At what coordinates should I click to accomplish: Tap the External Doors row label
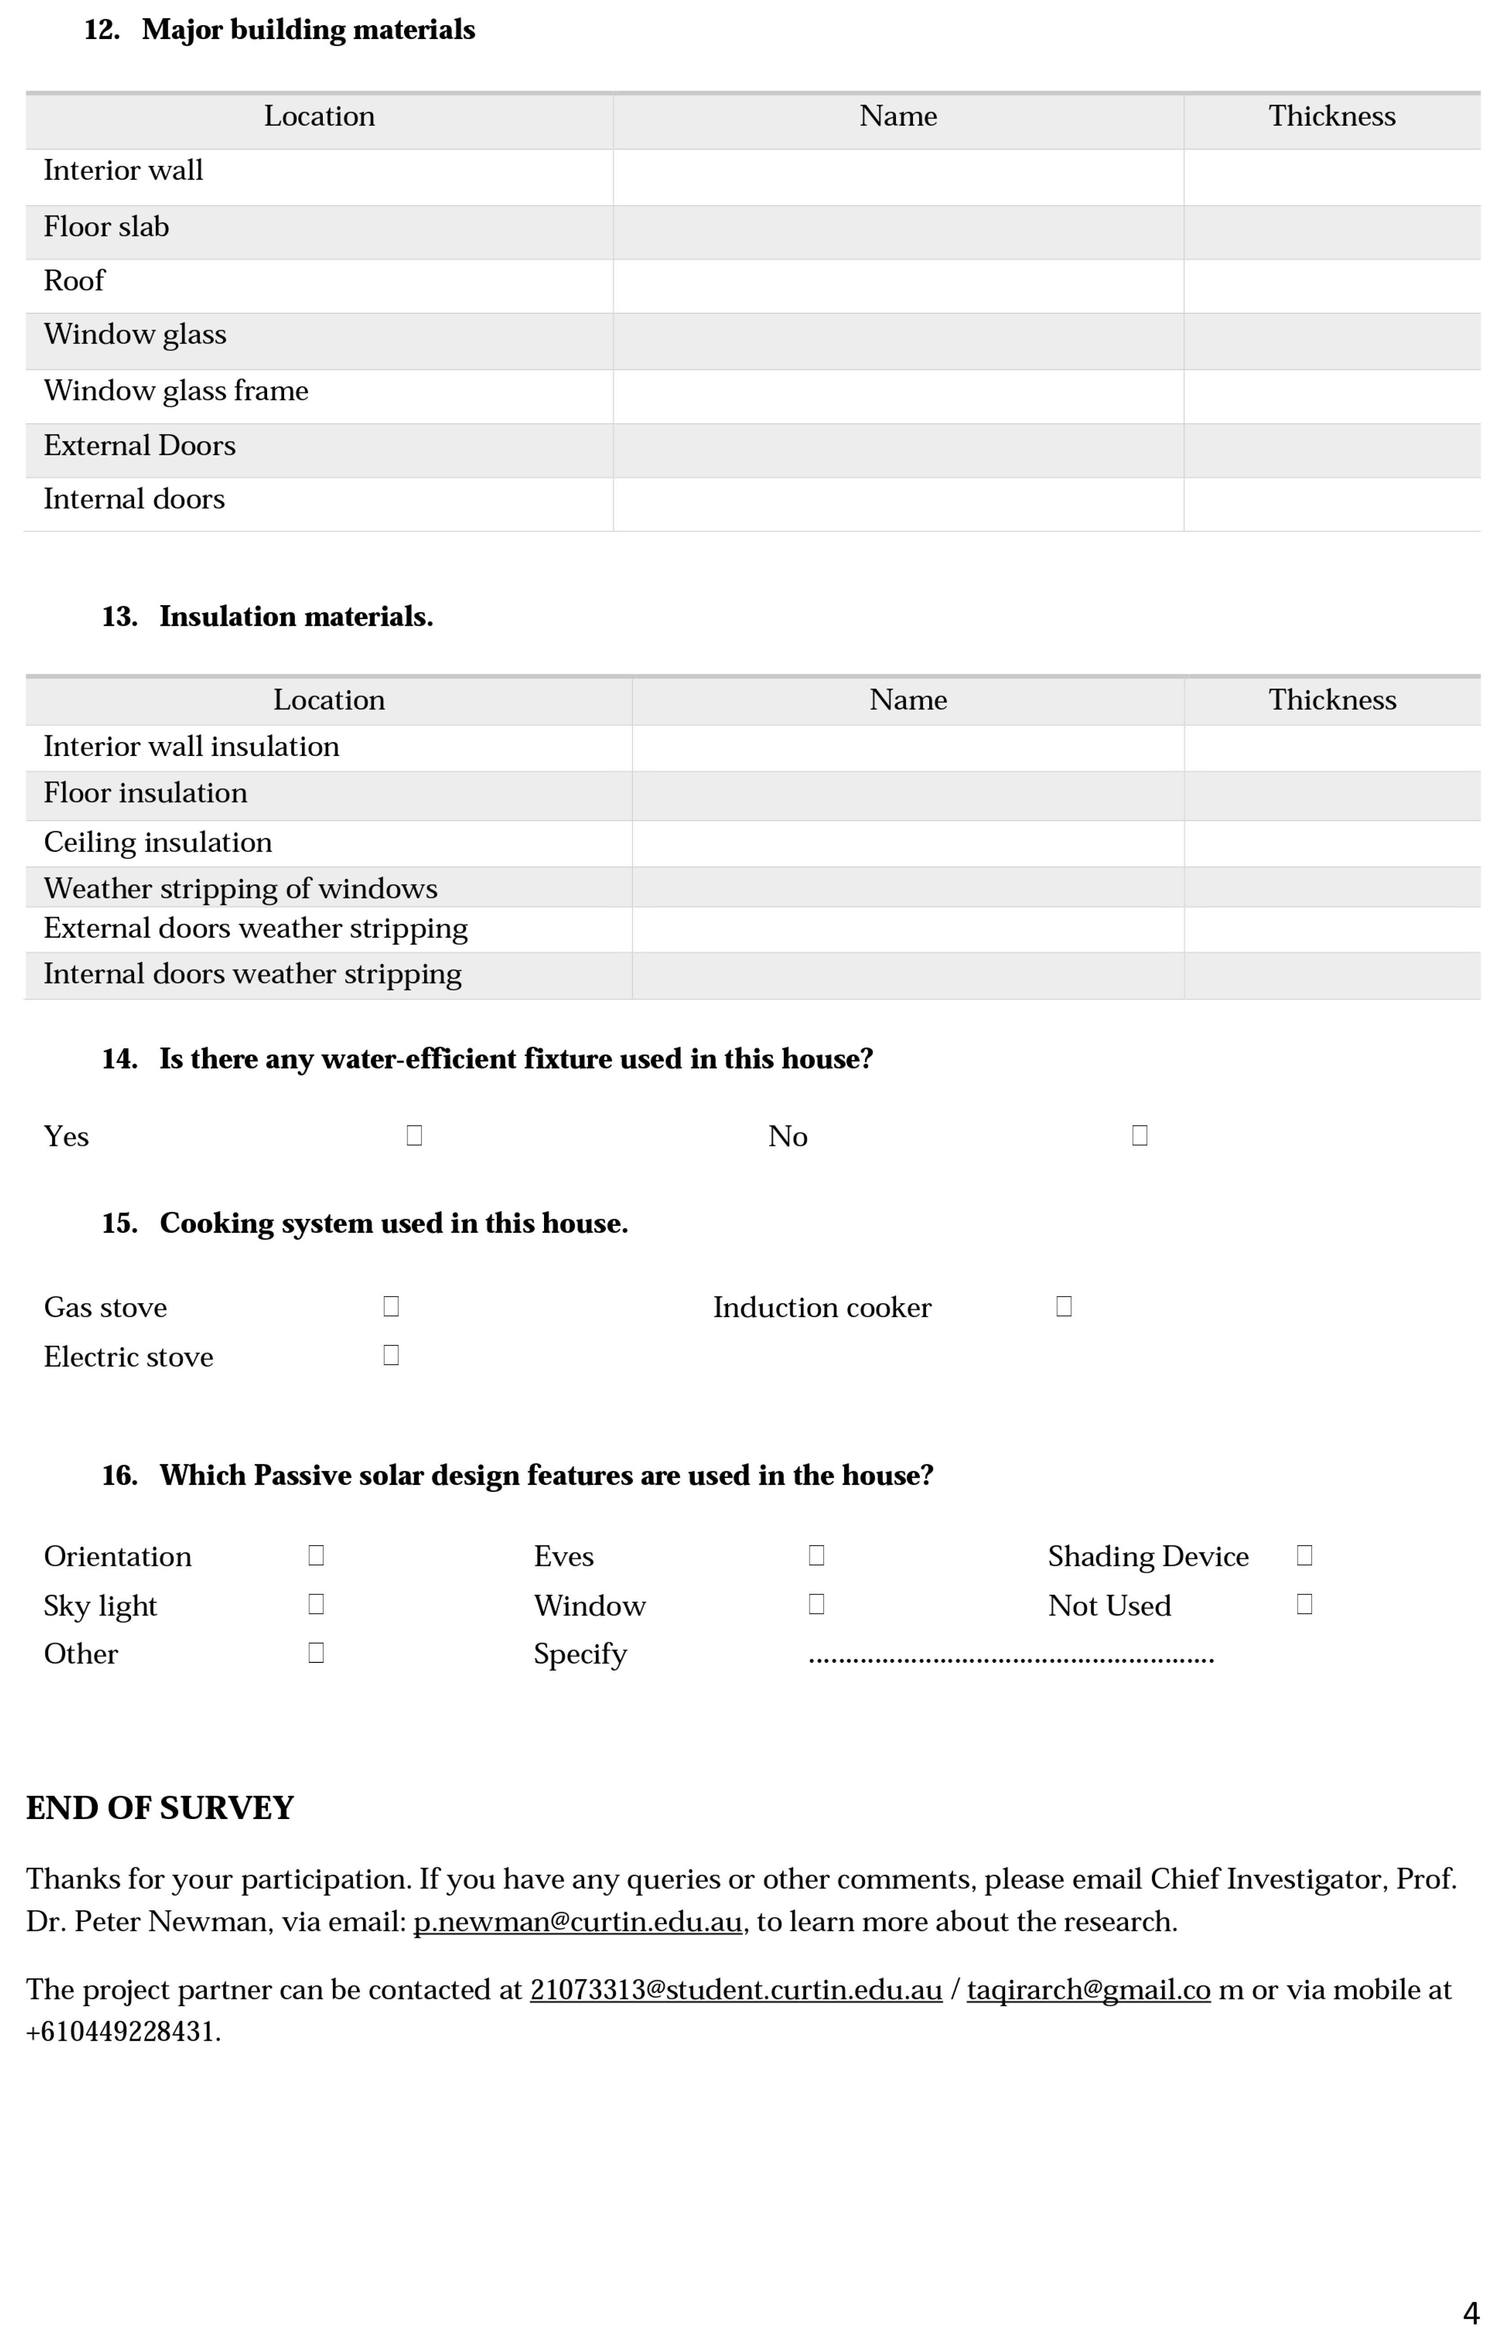point(140,446)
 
